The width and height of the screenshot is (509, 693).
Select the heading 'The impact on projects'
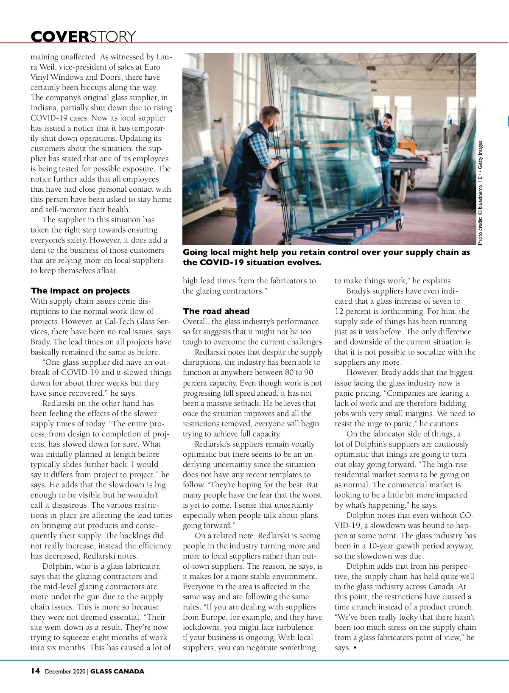[x=80, y=291]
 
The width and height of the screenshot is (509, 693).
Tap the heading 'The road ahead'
[x=216, y=311]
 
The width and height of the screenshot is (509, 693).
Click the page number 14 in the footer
[x=35, y=671]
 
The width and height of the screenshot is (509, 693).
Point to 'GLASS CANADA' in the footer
[x=117, y=671]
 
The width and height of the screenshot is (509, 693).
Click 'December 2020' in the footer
[x=65, y=671]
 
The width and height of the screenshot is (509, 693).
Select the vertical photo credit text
[x=480, y=193]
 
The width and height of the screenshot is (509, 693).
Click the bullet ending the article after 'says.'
[x=355, y=648]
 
